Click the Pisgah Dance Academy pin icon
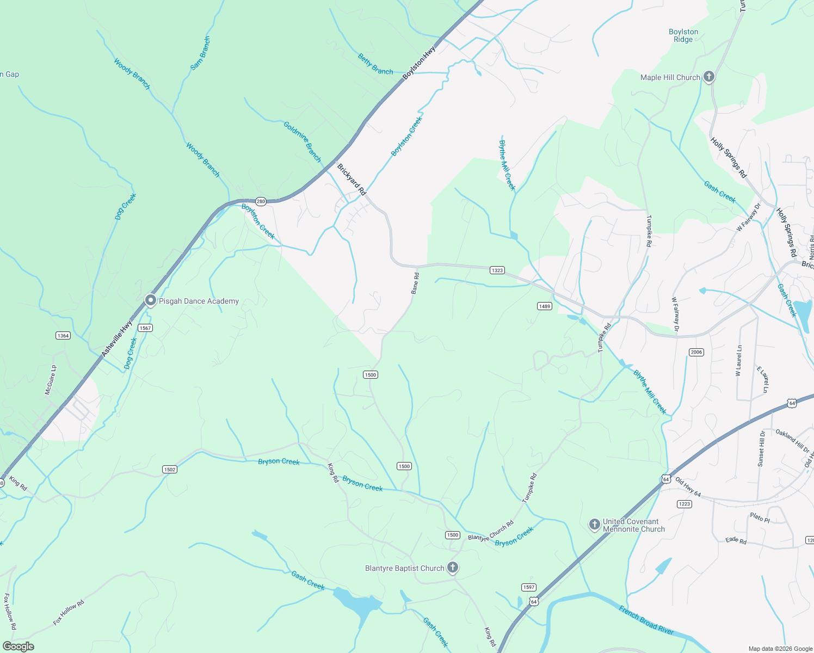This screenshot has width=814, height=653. click(x=150, y=300)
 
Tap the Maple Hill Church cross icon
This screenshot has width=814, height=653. click(x=708, y=77)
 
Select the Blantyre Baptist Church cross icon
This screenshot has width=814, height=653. click(x=452, y=568)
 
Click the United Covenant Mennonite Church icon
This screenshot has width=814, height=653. click(x=594, y=525)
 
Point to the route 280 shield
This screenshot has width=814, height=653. click(x=261, y=201)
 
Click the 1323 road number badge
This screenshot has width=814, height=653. click(x=497, y=270)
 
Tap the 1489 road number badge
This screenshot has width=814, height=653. click(x=545, y=306)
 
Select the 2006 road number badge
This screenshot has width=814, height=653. click(x=696, y=352)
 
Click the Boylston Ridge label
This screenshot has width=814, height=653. click(x=683, y=35)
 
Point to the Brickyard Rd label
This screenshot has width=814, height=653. click(x=351, y=180)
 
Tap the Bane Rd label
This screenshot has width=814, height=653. click(x=415, y=284)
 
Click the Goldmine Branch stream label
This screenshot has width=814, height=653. click(x=303, y=141)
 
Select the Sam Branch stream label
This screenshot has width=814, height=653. click(x=200, y=53)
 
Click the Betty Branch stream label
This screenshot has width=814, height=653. click(x=375, y=64)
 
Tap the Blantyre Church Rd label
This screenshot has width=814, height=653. click(x=491, y=531)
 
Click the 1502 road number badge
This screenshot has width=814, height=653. click(x=169, y=469)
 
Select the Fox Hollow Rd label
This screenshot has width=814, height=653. click(x=69, y=612)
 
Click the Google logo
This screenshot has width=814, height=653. click(x=18, y=646)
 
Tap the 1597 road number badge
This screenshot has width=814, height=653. click(x=528, y=587)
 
